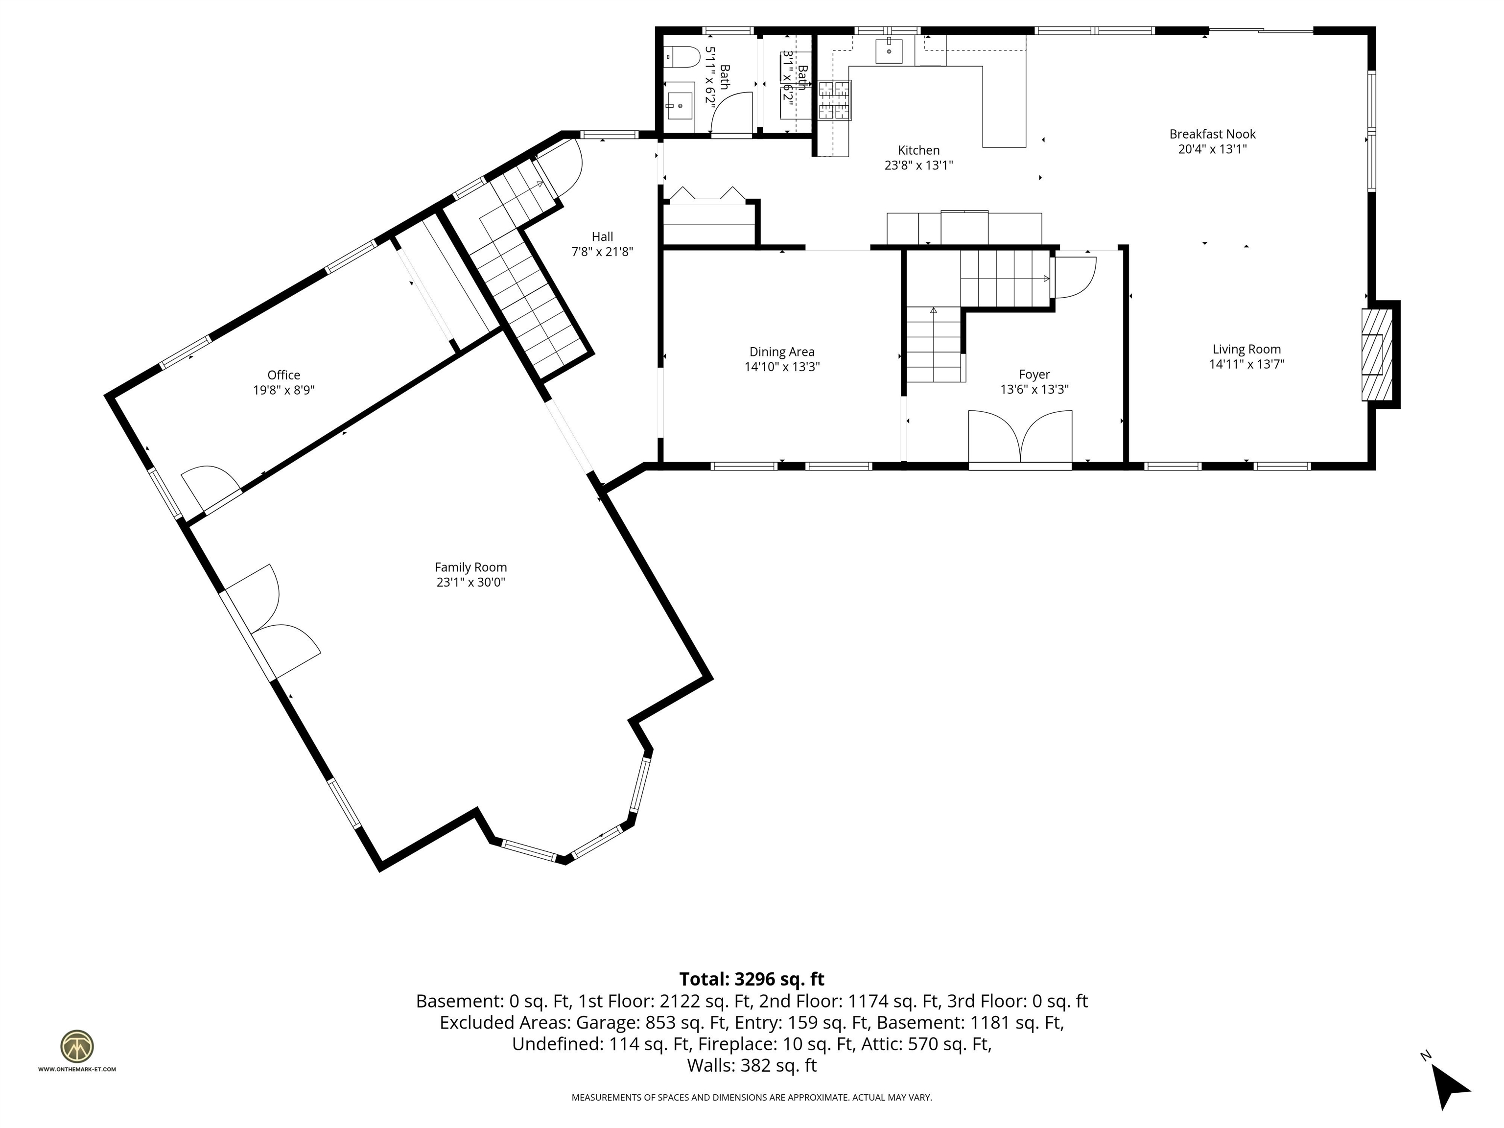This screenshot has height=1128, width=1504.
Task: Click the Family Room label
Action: coord(470,567)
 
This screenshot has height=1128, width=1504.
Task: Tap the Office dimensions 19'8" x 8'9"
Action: coord(283,390)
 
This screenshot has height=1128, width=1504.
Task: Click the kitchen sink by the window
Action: coord(889,51)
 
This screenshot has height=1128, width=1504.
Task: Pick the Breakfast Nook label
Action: coord(1212,134)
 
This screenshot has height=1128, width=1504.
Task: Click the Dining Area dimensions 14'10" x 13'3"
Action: coord(782,367)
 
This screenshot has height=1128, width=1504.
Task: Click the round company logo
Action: coord(77,1046)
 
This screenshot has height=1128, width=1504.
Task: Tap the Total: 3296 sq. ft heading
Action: coord(752,979)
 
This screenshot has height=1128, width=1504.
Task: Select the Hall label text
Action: coord(602,236)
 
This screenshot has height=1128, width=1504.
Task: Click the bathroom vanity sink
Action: coord(679,106)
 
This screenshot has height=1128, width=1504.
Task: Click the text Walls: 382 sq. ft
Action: coord(752,1065)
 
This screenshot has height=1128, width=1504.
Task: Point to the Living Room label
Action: coord(1246,350)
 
